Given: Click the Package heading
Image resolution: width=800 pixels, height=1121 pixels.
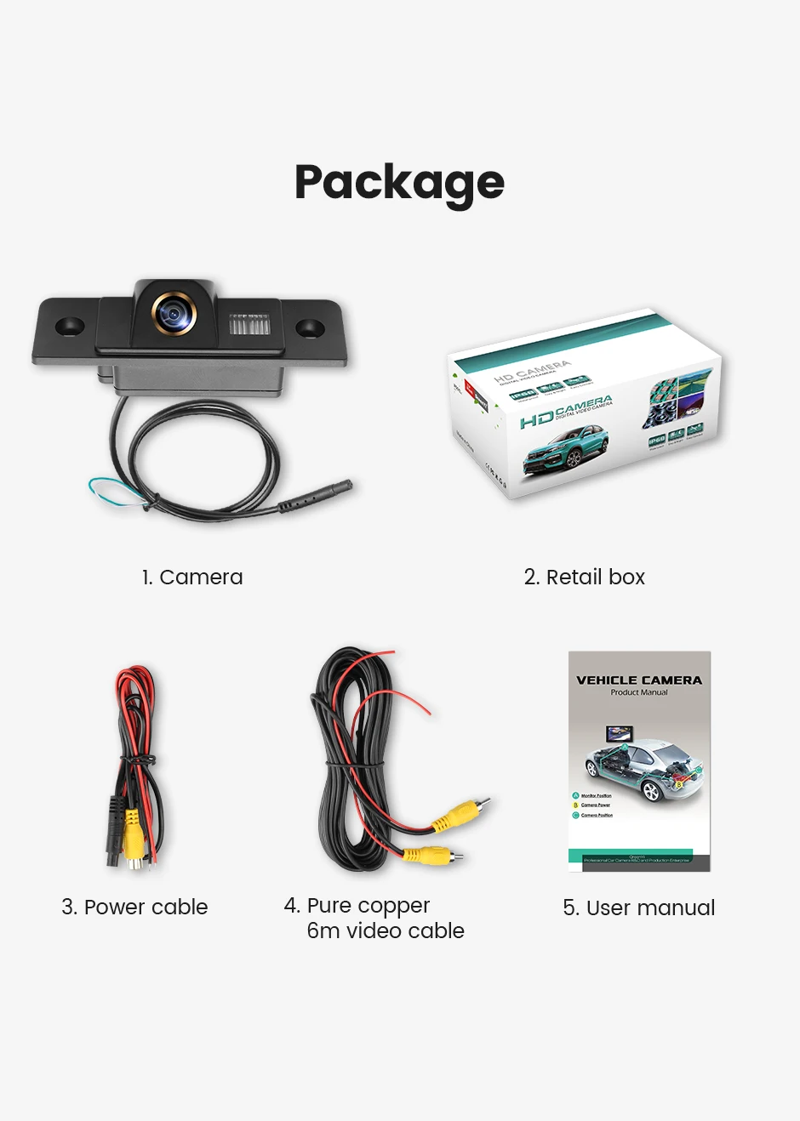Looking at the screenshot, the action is pos(399,183).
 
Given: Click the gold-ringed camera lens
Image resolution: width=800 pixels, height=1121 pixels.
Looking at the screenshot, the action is pos(174,315).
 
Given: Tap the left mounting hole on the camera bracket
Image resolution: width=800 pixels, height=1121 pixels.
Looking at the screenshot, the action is pos(69,325).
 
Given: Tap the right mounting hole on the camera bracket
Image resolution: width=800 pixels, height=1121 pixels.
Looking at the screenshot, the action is pos(309,327).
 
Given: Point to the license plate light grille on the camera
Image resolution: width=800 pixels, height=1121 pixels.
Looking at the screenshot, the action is pos(249,325).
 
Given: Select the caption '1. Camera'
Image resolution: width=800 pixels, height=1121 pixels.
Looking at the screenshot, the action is pos(192,578).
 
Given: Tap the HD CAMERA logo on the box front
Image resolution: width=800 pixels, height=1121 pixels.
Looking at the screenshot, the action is pos(566,412).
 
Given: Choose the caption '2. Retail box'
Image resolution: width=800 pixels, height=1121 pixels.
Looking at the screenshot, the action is pos(585,578).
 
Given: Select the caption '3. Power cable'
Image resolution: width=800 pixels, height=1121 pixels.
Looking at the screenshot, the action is pos(134,908).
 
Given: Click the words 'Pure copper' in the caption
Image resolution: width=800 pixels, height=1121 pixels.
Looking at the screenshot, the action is pos(368,906).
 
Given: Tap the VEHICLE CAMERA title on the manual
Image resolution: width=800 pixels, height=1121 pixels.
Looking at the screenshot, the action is pos(639,680).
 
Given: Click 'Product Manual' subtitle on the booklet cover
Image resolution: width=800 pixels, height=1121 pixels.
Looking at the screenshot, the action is pos(639,693).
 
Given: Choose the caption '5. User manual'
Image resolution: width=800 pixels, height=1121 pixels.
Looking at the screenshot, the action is pos(638,908).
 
